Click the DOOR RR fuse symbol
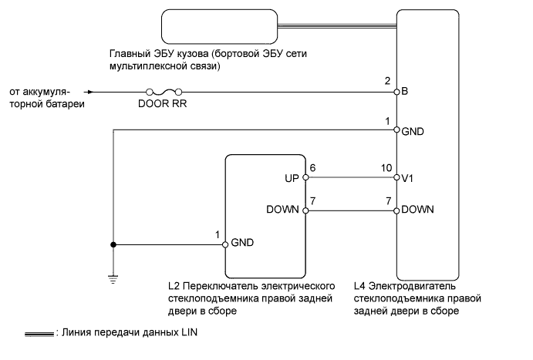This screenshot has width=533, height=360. click(164, 92)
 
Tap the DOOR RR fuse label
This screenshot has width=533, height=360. click(163, 103)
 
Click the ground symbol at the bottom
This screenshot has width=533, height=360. click(113, 280)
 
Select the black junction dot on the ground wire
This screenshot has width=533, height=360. click(113, 244)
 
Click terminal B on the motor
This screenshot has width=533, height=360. click(396, 92)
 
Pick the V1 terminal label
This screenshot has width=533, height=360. click(407, 178)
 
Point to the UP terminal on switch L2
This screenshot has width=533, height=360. click(305, 177)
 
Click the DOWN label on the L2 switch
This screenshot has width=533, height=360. click(282, 209)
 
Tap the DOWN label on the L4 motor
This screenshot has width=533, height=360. click(417, 209)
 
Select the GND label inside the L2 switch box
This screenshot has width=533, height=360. click(242, 243)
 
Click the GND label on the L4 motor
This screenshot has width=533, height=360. click(413, 131)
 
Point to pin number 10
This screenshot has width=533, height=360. click(386, 168)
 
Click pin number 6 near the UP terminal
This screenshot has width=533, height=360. click(312, 168)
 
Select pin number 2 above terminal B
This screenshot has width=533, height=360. click(387, 81)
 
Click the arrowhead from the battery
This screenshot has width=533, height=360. click(89, 92)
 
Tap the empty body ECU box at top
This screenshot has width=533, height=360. click(219, 26)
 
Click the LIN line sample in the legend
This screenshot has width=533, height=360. click(39, 335)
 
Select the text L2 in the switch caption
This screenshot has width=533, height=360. click(174, 286)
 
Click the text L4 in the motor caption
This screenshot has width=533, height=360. click(359, 286)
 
